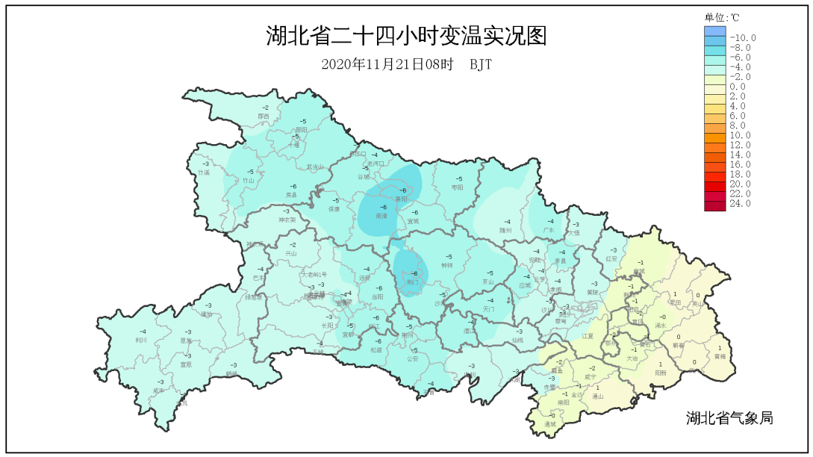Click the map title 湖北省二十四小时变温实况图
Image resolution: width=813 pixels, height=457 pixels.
(406, 36)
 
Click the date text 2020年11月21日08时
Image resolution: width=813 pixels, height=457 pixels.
(387, 64)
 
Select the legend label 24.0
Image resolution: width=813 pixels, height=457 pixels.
(740, 203)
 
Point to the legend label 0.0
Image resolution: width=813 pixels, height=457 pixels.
(738, 87)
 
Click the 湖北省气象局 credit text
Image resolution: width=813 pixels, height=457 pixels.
(729, 418)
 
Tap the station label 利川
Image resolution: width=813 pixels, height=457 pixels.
(141, 340)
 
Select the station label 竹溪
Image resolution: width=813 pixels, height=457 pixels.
(204, 172)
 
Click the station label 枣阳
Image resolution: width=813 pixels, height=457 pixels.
(458, 187)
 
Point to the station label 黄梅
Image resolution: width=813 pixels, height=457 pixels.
(719, 356)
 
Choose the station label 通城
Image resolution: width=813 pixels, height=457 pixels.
(550, 423)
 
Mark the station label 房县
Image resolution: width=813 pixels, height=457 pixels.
(291, 195)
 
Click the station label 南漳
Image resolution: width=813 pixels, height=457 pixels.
(381, 215)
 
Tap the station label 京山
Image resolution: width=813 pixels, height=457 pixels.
(488, 282)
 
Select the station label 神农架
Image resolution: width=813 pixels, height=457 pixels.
(287, 220)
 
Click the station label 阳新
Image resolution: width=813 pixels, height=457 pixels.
(660, 373)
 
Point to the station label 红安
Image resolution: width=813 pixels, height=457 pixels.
(612, 258)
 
